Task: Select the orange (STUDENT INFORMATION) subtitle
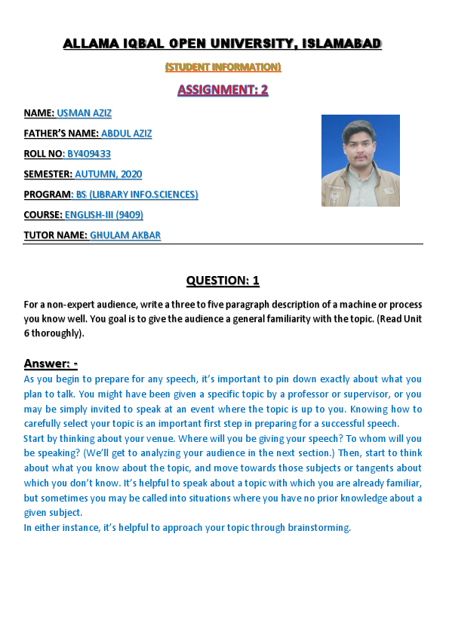(223, 67)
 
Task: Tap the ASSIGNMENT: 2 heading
(223, 90)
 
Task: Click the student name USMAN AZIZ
(85, 113)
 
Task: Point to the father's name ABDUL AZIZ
(127, 133)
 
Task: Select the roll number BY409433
(89, 154)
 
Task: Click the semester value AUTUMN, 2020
(109, 174)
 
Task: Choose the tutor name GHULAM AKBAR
(125, 235)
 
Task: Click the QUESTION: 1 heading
(223, 281)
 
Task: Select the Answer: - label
(51, 364)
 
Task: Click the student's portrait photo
(360, 161)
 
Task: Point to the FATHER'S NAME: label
(61, 133)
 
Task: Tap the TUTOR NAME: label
(55, 235)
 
